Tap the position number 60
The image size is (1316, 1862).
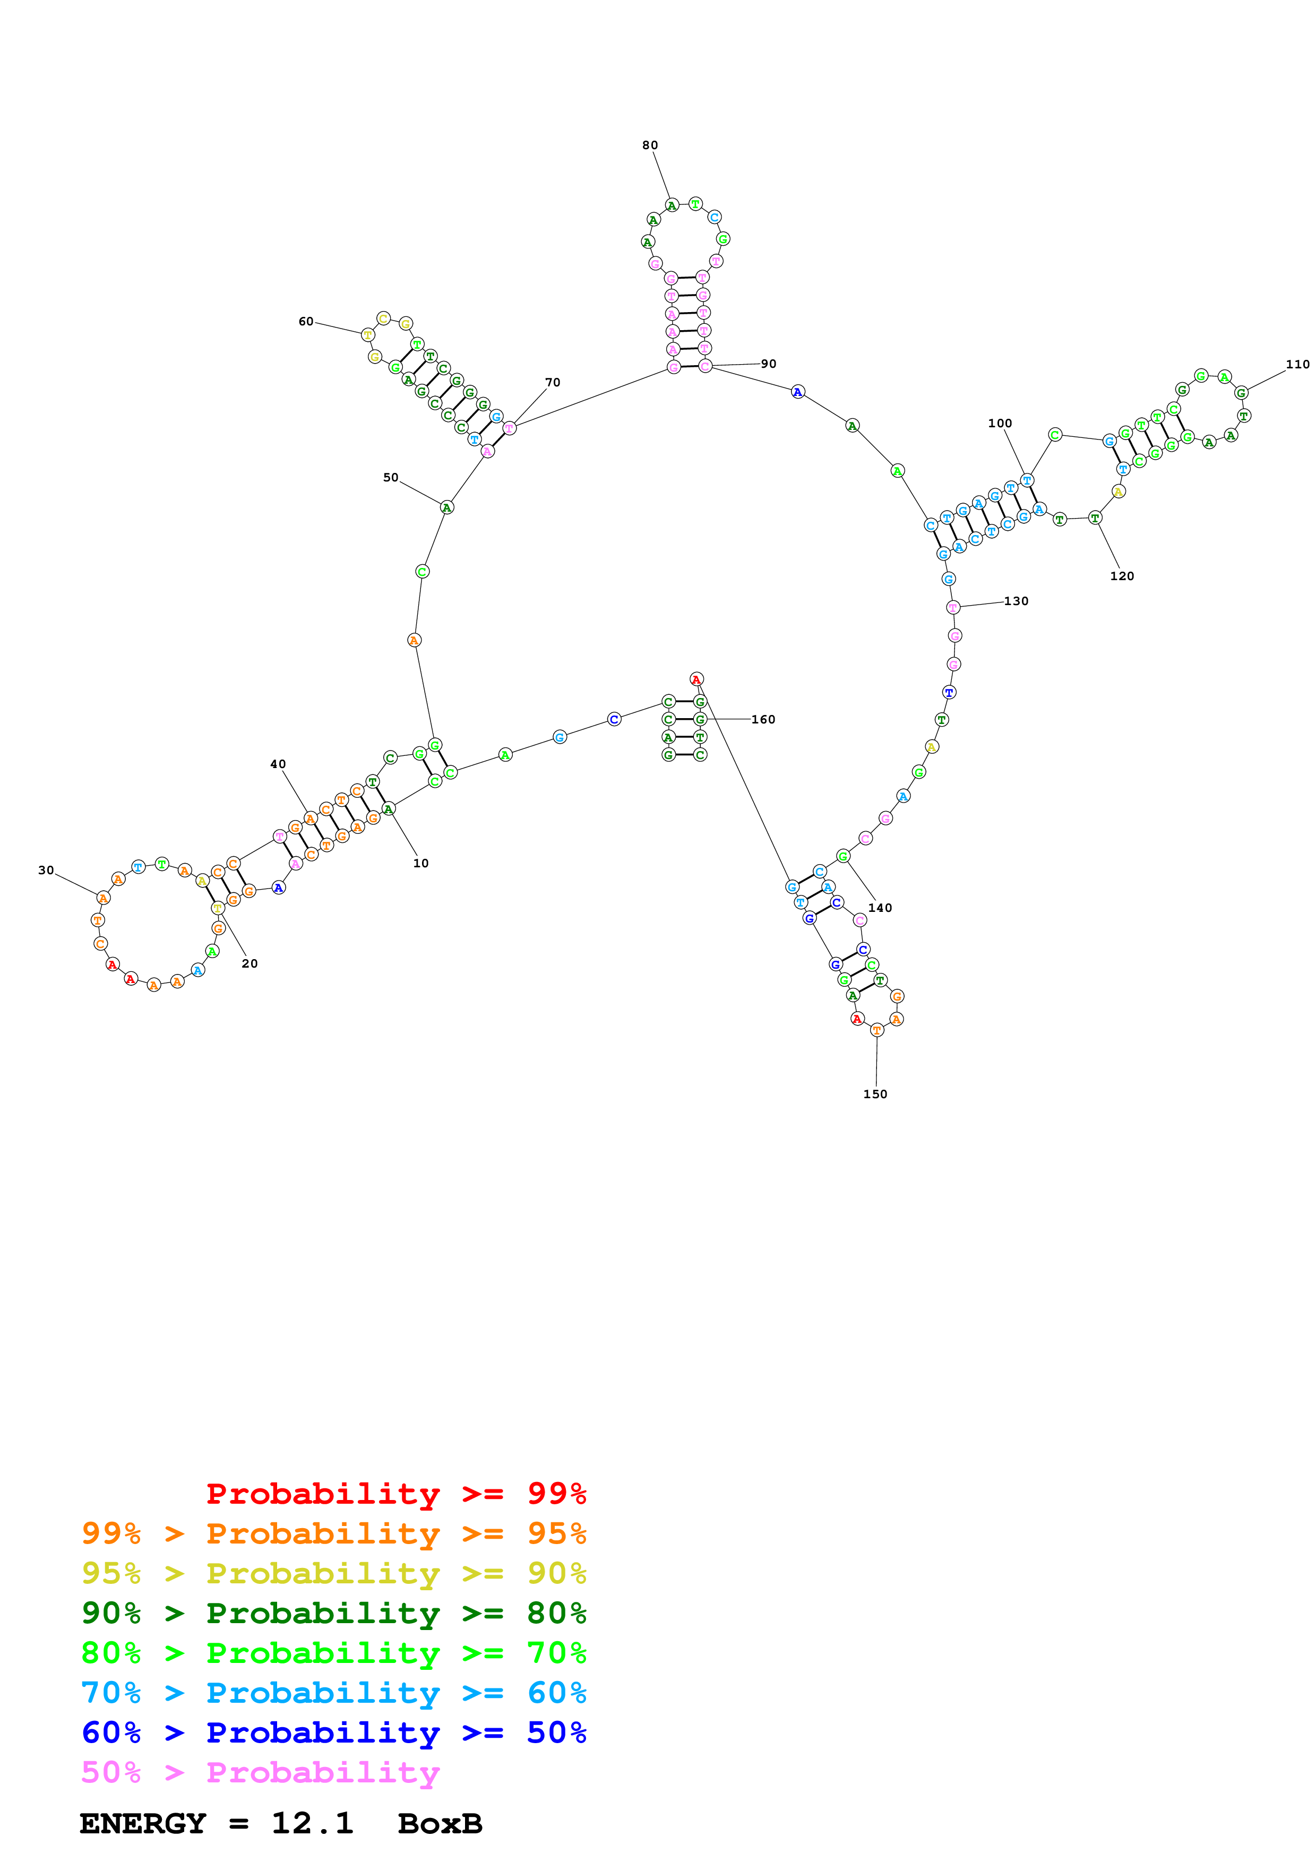point(306,321)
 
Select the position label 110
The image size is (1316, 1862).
point(1297,364)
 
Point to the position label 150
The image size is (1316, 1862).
point(875,1094)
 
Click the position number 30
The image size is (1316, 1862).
point(46,870)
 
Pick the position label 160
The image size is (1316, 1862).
point(763,719)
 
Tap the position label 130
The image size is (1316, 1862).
point(1016,601)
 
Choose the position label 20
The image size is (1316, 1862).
point(250,963)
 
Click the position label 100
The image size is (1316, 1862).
point(1000,424)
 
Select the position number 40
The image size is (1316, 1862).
point(278,764)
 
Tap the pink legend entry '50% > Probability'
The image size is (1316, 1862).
point(260,1772)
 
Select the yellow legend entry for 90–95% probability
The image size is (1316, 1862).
point(333,1573)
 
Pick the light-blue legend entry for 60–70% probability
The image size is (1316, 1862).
point(333,1693)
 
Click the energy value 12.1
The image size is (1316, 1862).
point(312,1823)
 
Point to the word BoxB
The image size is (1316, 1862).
point(440,1823)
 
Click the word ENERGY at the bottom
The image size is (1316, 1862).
point(143,1823)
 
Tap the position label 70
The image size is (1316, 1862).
point(552,382)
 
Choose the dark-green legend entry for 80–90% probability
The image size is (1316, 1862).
point(333,1613)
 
